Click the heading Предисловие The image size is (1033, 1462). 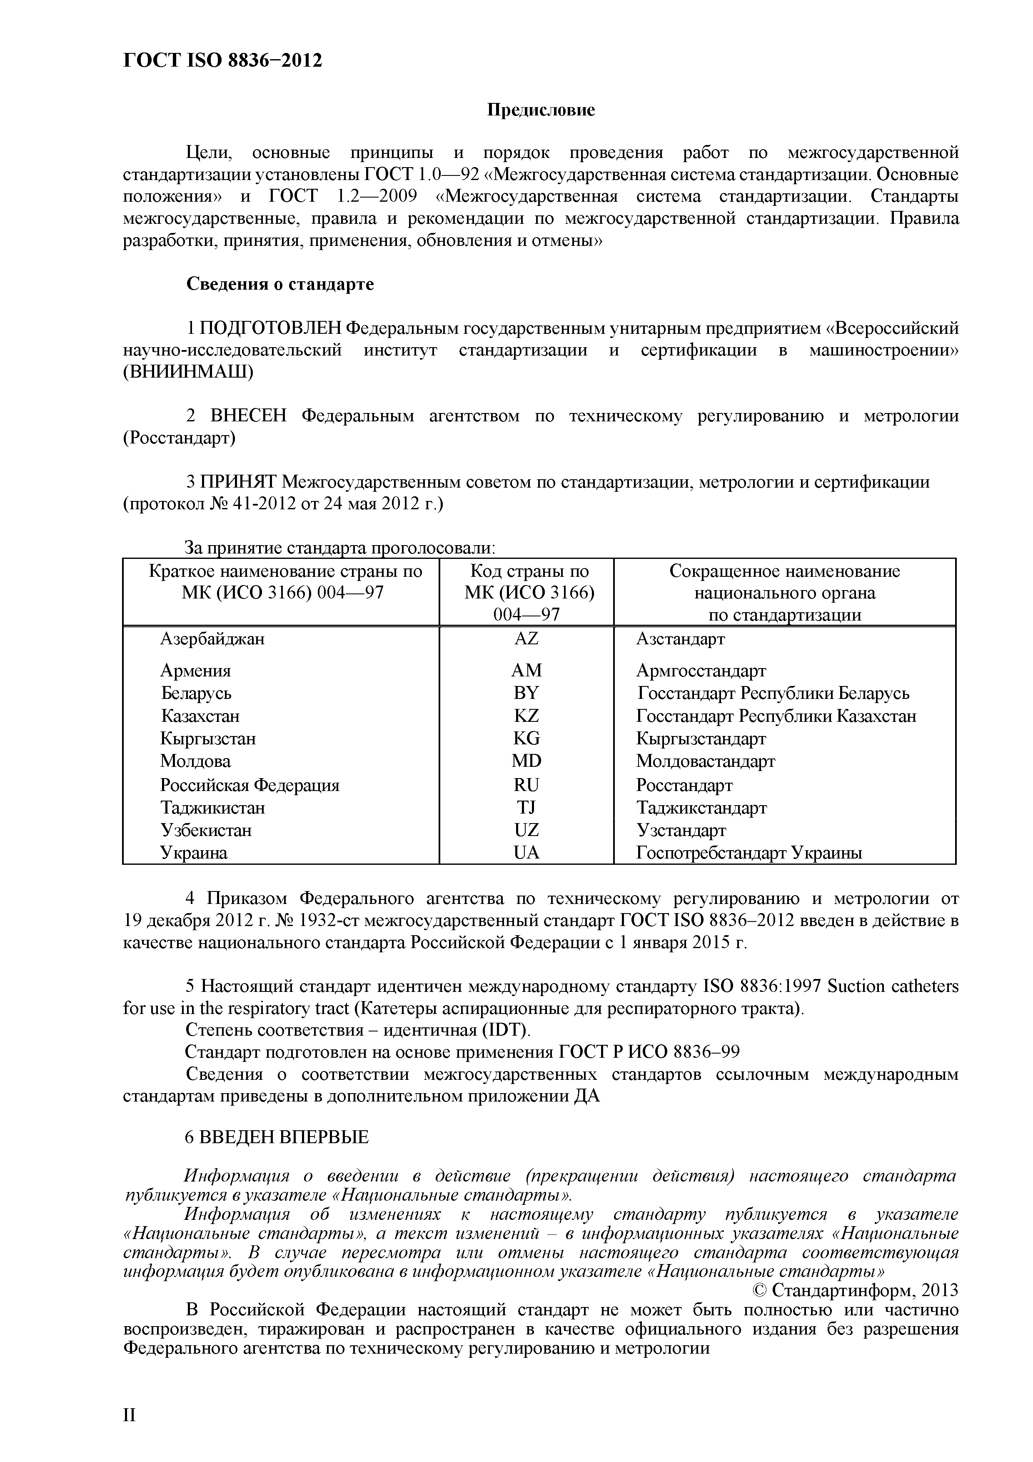[x=541, y=110]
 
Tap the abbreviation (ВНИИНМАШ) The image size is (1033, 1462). [x=188, y=372]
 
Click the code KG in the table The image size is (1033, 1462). [x=526, y=739]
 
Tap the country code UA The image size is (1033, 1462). [x=526, y=853]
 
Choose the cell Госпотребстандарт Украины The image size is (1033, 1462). [x=749, y=853]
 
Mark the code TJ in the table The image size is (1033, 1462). [x=526, y=807]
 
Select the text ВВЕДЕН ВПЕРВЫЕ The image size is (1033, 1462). [x=277, y=1137]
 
